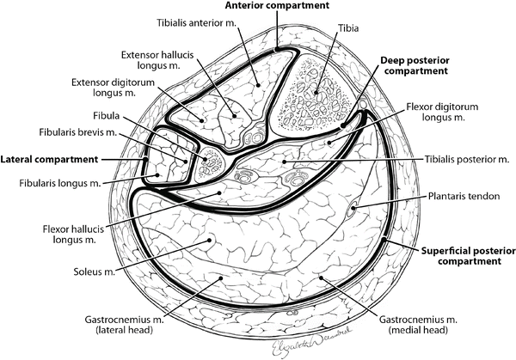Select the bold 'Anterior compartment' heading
[277, 6]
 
